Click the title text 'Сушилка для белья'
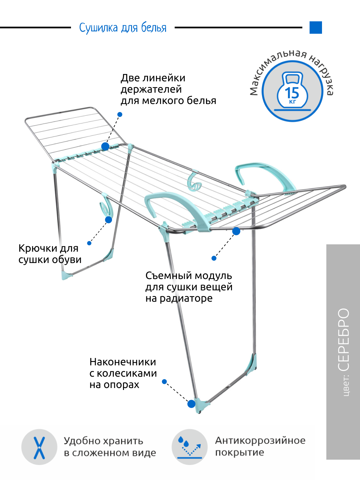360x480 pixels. pos(123,28)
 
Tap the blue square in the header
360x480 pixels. pos(315,28)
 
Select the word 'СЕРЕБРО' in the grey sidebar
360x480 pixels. pos(344,339)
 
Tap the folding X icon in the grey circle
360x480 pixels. pos(39,447)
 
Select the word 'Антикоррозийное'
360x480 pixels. pos(260,440)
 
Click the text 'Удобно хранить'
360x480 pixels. pos(103,441)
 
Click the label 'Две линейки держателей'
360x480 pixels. pos(153,83)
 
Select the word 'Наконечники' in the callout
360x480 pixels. pos(123,362)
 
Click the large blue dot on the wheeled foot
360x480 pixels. pos(191,404)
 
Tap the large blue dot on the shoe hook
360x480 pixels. pos(109,220)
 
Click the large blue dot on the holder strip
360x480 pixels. pos(105,146)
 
